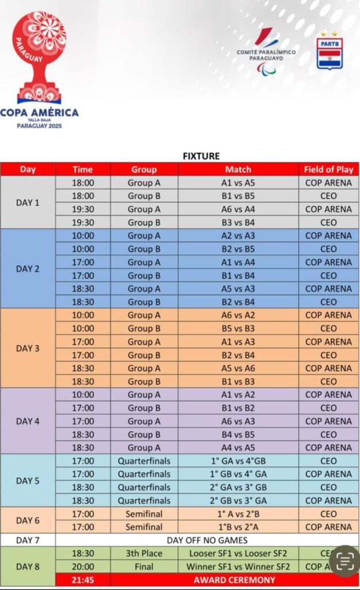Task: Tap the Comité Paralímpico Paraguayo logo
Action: [266, 52]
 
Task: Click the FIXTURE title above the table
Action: [201, 156]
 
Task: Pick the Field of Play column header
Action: [328, 169]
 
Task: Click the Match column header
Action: [238, 169]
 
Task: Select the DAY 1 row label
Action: [28, 202]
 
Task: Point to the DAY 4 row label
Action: [28, 421]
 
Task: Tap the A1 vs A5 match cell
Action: [238, 183]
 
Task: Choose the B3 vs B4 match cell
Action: [238, 222]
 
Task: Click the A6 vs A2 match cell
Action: [238, 315]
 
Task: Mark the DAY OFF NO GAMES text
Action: [207, 540]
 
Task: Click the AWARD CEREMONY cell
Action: [234, 580]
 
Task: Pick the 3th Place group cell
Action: [144, 553]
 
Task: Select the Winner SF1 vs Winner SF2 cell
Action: [238, 566]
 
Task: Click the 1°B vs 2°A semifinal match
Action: [238, 527]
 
